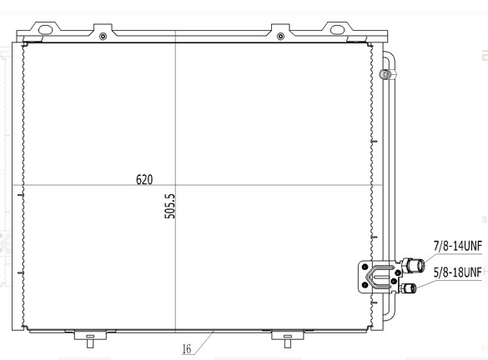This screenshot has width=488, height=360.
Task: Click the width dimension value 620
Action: click(x=143, y=179)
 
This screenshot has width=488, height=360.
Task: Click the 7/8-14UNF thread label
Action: click(x=457, y=246)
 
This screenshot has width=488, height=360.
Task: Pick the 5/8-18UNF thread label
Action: click(x=457, y=272)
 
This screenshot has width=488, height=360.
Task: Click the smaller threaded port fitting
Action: click(x=410, y=288)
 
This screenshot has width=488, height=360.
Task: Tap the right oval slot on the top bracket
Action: click(x=337, y=29)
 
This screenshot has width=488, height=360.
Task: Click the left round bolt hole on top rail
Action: click(x=103, y=37)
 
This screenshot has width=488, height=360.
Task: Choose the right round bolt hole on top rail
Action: click(x=279, y=37)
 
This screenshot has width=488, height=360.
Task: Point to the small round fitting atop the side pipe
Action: click(x=384, y=75)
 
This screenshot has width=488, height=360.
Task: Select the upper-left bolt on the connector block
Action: click(x=365, y=267)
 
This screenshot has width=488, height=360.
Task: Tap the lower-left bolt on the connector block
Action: click(x=365, y=287)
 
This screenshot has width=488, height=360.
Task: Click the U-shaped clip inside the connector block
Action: click(x=381, y=277)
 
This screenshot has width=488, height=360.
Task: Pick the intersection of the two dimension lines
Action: click(x=175, y=184)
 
